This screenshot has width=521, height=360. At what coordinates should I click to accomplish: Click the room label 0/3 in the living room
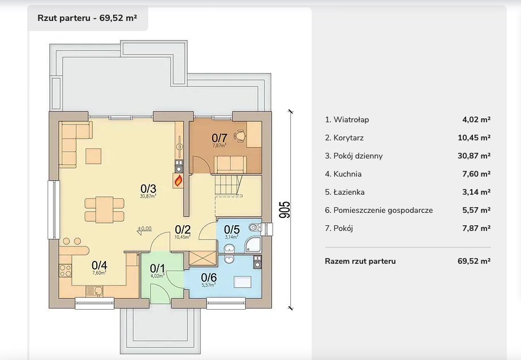[148, 188]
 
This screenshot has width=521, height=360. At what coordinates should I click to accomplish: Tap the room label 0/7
[219, 138]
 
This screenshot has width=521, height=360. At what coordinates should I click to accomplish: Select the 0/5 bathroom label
[232, 229]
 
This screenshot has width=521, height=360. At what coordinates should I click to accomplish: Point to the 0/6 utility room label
[209, 277]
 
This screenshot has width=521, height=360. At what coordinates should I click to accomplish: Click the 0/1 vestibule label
[157, 268]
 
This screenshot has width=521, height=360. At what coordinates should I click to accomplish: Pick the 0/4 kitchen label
[99, 264]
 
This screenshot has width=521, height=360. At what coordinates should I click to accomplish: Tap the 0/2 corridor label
[182, 229]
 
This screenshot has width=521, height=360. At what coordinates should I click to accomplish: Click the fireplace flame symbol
[179, 181]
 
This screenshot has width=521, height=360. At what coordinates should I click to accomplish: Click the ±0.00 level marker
[144, 229]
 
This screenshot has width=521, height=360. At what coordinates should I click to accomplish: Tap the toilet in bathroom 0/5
[254, 228]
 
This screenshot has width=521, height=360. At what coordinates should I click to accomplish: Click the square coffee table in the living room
[93, 155]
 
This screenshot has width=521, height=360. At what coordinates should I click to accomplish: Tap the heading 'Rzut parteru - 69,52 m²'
[87, 18]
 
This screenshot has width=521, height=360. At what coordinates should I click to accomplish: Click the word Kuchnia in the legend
[347, 174]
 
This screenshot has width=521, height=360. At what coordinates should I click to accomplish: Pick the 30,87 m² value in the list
[476, 156]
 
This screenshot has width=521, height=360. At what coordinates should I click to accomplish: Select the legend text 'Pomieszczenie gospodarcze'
[383, 210]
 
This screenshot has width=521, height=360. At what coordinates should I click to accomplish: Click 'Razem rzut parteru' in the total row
[360, 261]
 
